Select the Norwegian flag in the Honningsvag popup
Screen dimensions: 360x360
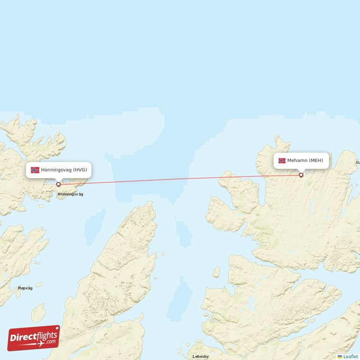[x=35, y=170]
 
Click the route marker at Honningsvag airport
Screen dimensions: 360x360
[x=58, y=184]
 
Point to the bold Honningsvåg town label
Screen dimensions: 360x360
[x=70, y=194]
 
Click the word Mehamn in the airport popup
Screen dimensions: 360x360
[x=297, y=161]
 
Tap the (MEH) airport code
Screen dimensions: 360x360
[x=315, y=161]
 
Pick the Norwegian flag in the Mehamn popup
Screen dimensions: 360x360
[x=282, y=161]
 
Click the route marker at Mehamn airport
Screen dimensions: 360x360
[x=301, y=175]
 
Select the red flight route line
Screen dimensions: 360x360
[x=180, y=180]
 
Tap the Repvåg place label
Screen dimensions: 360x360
[x=25, y=288]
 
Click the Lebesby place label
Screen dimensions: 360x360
[x=201, y=356]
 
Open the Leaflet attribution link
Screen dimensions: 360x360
[x=351, y=356]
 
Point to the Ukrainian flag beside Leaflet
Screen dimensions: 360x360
[x=340, y=356]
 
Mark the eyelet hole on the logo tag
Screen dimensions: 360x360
[x=56, y=328]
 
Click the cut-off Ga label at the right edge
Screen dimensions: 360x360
[x=358, y=162]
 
